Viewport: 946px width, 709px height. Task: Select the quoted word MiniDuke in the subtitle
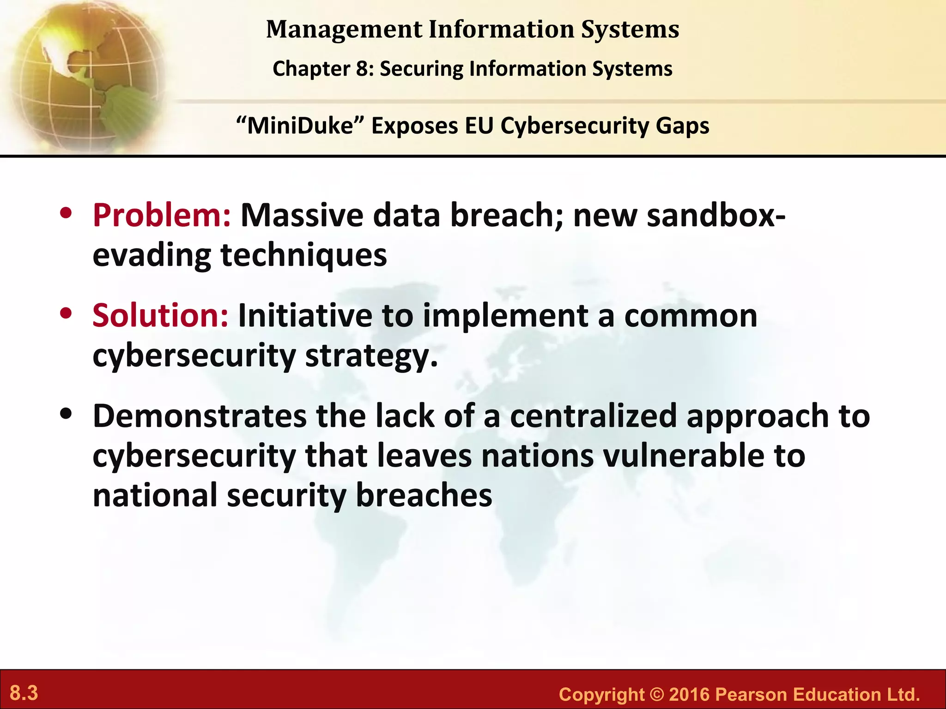coord(300,126)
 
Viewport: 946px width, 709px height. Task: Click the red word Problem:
coord(161,216)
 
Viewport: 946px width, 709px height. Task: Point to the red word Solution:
coord(160,316)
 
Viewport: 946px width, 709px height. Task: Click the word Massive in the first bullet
coord(302,216)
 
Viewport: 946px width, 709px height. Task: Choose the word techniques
coord(303,255)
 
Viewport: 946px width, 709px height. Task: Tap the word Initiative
coord(305,316)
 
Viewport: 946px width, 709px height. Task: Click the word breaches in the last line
coord(424,495)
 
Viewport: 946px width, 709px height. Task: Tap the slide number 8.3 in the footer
coord(24,693)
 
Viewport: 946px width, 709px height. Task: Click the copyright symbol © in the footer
coord(656,694)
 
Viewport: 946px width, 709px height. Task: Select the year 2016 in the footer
coord(689,694)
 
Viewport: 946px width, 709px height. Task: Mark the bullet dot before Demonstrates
coord(66,414)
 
